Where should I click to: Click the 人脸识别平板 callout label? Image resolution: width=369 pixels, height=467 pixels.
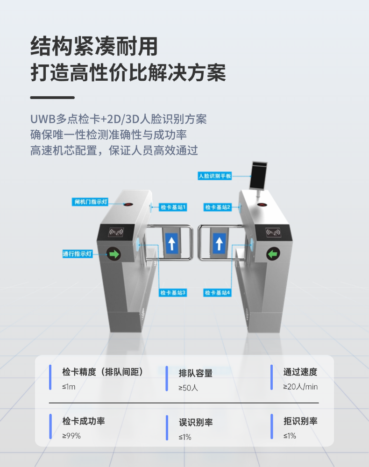pyautogui.click(x=215, y=176)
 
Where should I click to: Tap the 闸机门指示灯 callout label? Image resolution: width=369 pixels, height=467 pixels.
pyautogui.click(x=90, y=202)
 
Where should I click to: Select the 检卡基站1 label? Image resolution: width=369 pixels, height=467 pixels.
pyautogui.click(x=173, y=207)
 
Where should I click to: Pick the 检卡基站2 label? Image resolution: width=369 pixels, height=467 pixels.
pyautogui.click(x=218, y=207)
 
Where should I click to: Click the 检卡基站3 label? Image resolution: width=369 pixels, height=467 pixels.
pyautogui.click(x=173, y=293)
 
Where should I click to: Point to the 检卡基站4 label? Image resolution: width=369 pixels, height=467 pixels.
pyautogui.click(x=218, y=293)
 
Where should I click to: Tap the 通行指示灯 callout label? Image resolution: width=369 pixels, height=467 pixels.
pyautogui.click(x=78, y=254)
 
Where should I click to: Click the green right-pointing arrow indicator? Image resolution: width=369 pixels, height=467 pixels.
pyautogui.click(x=114, y=254)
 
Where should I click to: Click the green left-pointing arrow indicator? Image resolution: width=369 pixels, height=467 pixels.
pyautogui.click(x=273, y=254)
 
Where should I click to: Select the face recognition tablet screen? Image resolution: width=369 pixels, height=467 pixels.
pyautogui.click(x=258, y=175)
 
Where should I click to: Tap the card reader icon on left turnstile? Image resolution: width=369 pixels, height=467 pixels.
pyautogui.click(x=116, y=232)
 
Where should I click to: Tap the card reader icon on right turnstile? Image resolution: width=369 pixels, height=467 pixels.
pyautogui.click(x=273, y=232)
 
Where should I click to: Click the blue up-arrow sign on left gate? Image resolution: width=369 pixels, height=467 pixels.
pyautogui.click(x=171, y=243)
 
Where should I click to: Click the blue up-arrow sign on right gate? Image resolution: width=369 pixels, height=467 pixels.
pyautogui.click(x=219, y=243)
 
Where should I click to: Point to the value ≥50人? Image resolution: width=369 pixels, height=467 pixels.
pyautogui.click(x=188, y=388)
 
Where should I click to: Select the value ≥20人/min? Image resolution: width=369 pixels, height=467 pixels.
pyautogui.click(x=300, y=387)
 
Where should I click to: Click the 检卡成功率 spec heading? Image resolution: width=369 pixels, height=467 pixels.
pyautogui.click(x=84, y=421)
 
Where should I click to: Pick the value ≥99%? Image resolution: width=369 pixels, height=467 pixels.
pyautogui.click(x=71, y=436)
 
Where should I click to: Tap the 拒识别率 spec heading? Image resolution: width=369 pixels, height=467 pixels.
pyautogui.click(x=300, y=421)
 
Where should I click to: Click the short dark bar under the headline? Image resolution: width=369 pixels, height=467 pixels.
pyautogui.click(x=52, y=98)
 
